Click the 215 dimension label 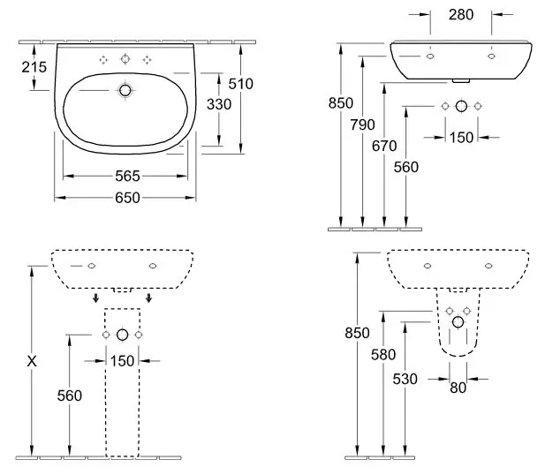(x=34, y=67)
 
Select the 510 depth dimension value (x=240, y=84)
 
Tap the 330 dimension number (x=219, y=104)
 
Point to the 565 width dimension (x=127, y=177)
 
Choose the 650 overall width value (x=127, y=198)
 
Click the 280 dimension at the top (x=461, y=15)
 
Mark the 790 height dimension (x=362, y=124)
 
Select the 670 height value (x=384, y=146)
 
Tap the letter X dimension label (x=32, y=362)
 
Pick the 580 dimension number (x=383, y=355)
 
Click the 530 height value (x=405, y=379)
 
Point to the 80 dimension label (x=458, y=388)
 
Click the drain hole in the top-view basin (x=125, y=91)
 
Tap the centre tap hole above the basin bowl (x=125, y=59)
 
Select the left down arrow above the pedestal (x=96, y=298)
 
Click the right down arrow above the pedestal (x=148, y=298)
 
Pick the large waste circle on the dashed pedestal (x=123, y=335)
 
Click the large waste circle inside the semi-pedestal (x=458, y=322)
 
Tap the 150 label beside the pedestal (x=122, y=361)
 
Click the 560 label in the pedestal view (x=70, y=396)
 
